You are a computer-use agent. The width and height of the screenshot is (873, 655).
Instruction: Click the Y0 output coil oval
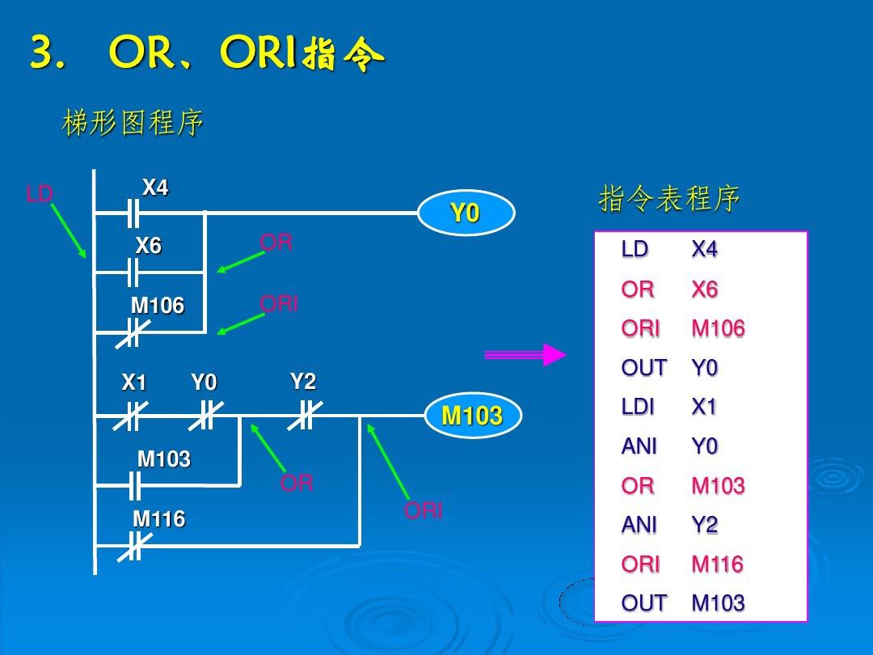tap(466, 213)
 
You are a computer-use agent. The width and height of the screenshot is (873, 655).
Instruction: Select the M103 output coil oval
tap(473, 416)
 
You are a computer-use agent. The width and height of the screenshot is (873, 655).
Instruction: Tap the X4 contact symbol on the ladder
tap(133, 213)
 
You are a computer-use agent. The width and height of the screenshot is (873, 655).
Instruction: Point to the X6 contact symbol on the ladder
tap(133, 272)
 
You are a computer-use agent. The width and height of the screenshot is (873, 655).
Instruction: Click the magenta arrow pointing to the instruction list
tap(525, 354)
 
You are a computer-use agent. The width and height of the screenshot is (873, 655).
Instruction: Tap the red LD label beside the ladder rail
tap(40, 194)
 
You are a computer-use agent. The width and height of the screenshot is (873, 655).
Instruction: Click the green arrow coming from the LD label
tap(69, 230)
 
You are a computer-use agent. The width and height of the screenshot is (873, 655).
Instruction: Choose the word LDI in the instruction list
tap(638, 407)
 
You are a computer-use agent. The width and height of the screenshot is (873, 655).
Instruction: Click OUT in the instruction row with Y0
tap(643, 368)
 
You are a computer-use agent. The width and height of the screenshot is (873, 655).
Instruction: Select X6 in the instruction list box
tap(705, 289)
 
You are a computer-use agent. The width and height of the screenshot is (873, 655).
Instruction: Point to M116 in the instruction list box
tap(717, 564)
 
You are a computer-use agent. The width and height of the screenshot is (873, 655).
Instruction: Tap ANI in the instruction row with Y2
tap(639, 525)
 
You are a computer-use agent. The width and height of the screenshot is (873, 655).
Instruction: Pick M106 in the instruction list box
tap(718, 329)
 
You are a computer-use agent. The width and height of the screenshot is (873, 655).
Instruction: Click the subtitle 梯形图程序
tap(133, 124)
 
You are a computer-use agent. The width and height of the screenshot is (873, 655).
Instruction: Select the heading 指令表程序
tap(668, 198)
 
